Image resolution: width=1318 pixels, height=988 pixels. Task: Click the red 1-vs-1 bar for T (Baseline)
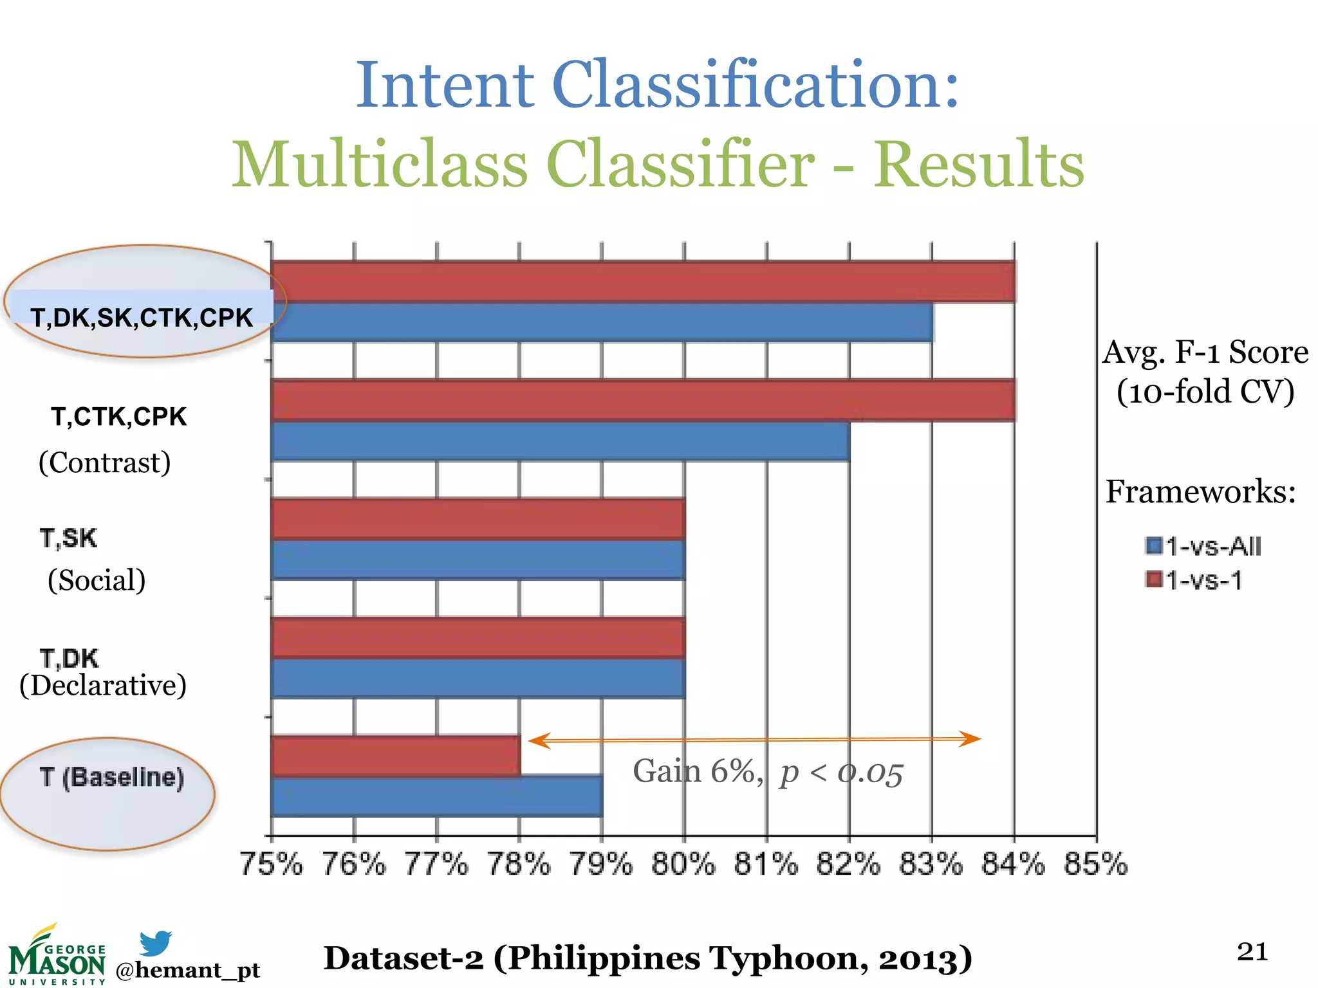pos(396,756)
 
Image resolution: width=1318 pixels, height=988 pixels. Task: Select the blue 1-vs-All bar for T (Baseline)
pos(437,797)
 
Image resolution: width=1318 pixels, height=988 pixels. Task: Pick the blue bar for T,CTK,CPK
pos(560,441)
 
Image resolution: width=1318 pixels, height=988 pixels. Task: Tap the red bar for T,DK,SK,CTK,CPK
pos(643,281)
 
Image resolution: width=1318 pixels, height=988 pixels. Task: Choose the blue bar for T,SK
pos(478,560)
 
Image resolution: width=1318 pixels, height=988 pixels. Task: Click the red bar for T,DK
pos(478,637)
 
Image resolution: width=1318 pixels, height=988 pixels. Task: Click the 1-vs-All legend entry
pos(1203,546)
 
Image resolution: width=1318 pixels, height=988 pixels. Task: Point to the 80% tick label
pos(683,864)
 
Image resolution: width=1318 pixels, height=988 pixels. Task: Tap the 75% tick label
pos(271,864)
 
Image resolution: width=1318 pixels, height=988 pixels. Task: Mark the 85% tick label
pos(1096,864)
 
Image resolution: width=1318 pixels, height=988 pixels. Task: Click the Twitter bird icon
pos(156,943)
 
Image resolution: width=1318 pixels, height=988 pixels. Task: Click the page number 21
pos(1252,951)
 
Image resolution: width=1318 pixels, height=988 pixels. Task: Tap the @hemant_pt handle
pos(188,970)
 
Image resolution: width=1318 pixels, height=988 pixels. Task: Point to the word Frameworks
pos(1200,492)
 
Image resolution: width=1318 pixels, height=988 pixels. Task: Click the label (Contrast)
pos(105,462)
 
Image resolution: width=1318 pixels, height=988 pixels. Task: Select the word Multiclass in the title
pos(380,165)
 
